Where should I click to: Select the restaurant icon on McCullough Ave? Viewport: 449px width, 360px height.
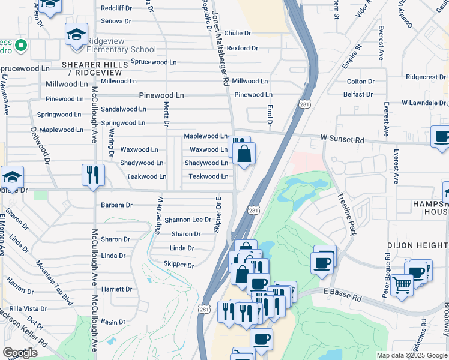93,175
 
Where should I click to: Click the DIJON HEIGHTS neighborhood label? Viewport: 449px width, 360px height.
417,246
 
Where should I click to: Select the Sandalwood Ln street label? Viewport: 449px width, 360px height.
124,109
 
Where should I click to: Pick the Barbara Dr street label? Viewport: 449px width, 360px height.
116,205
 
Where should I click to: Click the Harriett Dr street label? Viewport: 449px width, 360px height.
116,289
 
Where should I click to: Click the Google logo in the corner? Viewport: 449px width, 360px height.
20,352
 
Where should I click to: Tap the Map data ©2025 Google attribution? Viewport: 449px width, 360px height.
411,355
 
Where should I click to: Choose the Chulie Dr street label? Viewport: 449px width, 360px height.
238,33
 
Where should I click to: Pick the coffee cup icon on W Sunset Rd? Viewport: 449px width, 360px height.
441,136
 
